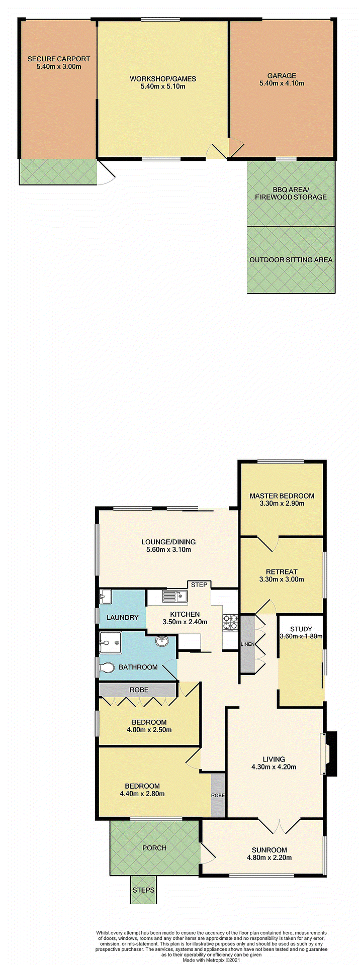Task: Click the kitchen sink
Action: [x=174, y=597]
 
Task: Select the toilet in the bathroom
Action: [x=107, y=667]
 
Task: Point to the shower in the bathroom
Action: [x=110, y=643]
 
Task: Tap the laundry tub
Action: [x=105, y=597]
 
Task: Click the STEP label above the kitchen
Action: [x=199, y=585]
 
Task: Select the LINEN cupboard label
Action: [x=247, y=644]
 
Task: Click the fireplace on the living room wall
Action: [x=329, y=753]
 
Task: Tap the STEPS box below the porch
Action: [x=143, y=890]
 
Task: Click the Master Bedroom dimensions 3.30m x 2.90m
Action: [x=282, y=503]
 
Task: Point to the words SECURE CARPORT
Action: [x=59, y=59]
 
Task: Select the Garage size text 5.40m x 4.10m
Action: [x=282, y=83]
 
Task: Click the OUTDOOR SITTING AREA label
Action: [x=291, y=260]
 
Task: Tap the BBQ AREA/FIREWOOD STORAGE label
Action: [x=291, y=194]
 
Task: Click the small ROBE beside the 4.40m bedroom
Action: [x=218, y=796]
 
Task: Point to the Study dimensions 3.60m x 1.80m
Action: [x=301, y=636]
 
